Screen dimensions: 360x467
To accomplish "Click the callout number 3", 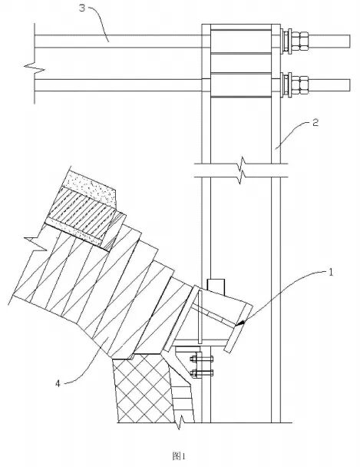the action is [x=82, y=8].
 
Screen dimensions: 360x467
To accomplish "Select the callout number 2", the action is [x=315, y=122].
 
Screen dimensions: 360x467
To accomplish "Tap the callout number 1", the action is [x=331, y=272].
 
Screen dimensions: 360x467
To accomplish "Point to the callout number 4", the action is [x=58, y=383].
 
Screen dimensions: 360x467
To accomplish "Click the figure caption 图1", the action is [x=179, y=456].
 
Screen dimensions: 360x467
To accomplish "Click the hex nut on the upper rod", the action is [x=300, y=41].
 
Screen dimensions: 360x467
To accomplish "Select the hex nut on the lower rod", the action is [x=300, y=85].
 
